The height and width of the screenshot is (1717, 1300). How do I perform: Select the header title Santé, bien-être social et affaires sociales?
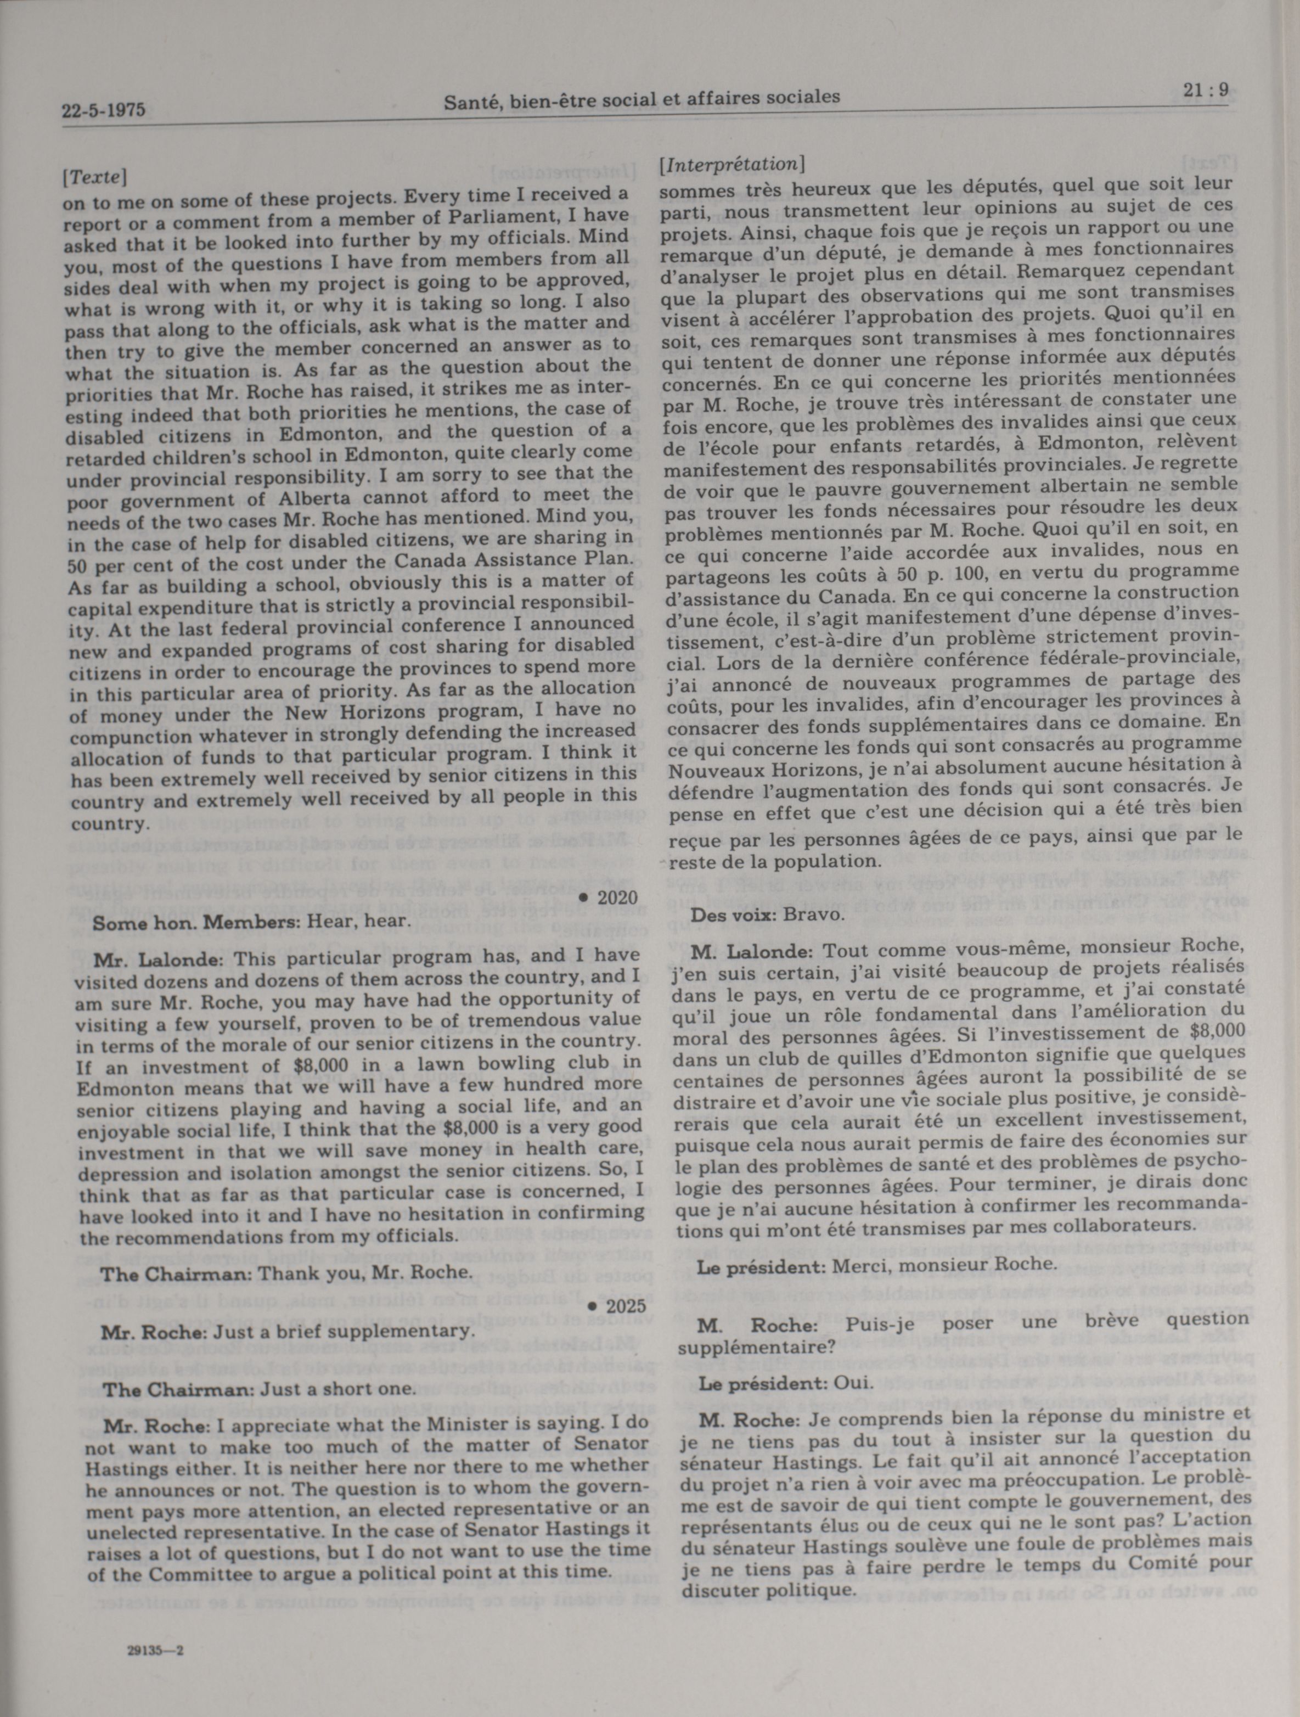point(642,99)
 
